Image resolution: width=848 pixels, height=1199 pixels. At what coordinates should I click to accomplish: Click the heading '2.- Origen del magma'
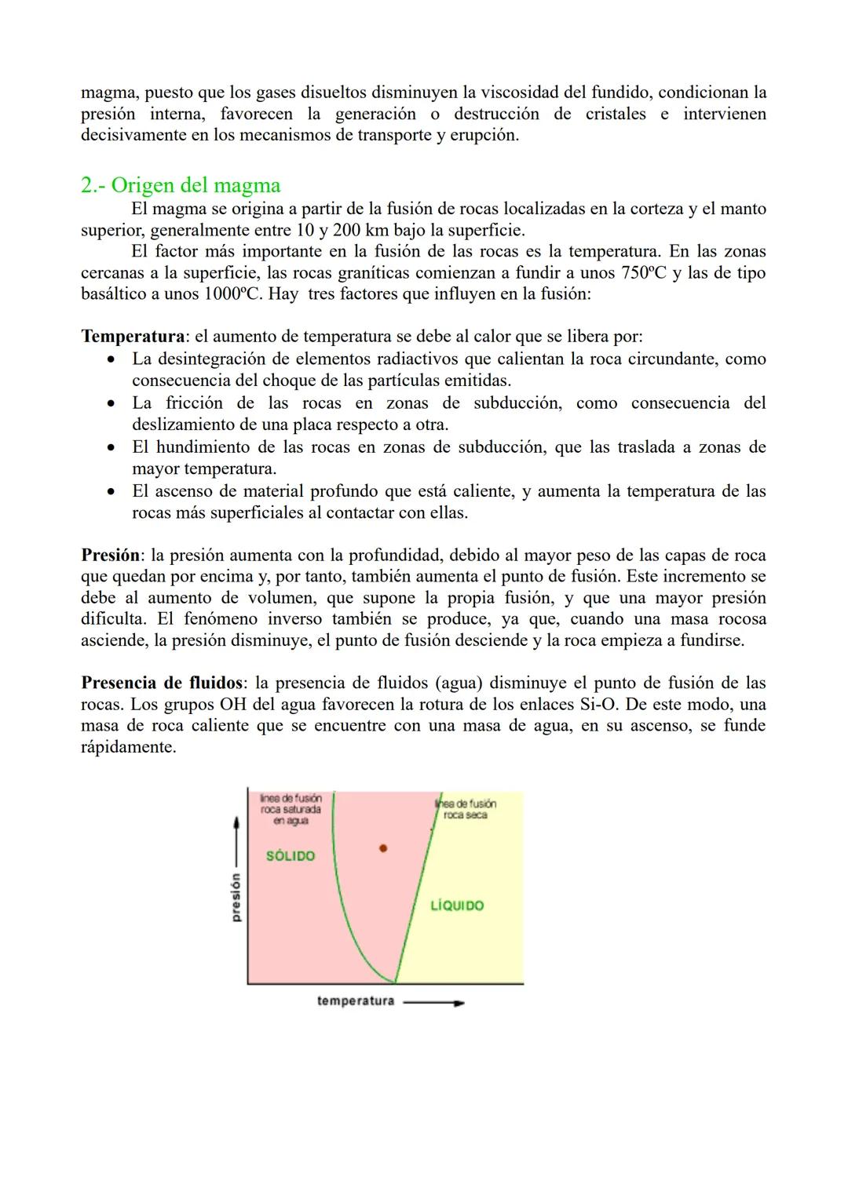[x=181, y=185]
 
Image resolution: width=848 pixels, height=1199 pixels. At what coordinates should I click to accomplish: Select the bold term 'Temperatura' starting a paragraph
[x=133, y=337]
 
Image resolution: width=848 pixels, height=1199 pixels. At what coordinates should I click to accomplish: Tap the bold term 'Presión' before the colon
[x=110, y=555]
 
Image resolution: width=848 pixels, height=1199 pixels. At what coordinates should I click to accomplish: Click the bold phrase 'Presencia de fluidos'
[x=161, y=683]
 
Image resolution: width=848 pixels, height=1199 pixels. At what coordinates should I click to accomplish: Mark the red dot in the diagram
[x=383, y=848]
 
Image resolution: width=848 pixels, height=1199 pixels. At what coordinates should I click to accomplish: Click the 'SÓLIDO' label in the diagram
[x=291, y=856]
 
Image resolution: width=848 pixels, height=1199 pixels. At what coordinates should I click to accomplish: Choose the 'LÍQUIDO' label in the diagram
[x=457, y=906]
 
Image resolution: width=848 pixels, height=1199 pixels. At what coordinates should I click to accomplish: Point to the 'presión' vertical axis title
[x=236, y=897]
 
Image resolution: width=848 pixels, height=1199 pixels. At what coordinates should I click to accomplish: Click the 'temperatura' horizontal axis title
[x=355, y=1001]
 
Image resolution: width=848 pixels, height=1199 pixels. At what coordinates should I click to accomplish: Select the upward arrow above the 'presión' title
[x=236, y=840]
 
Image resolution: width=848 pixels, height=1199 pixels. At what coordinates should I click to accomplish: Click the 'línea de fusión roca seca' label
[x=466, y=809]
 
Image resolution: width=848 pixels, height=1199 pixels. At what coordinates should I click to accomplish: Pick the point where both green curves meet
[x=395, y=982]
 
